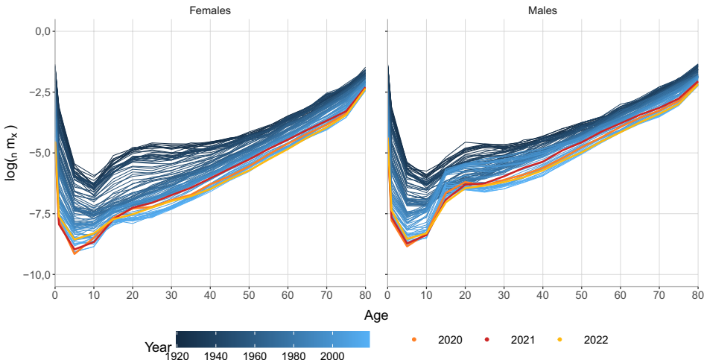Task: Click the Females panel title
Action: [x=209, y=11]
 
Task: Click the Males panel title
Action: [x=542, y=11]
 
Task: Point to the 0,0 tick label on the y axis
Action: [x=36, y=31]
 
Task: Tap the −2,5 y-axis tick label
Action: [x=34, y=92]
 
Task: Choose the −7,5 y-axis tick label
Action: [x=34, y=214]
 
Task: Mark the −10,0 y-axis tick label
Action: [x=31, y=275]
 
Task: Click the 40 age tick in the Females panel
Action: [x=210, y=295]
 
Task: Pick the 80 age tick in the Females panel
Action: [x=364, y=295]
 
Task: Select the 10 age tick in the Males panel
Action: [x=426, y=295]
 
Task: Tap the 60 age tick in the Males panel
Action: [x=620, y=295]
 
